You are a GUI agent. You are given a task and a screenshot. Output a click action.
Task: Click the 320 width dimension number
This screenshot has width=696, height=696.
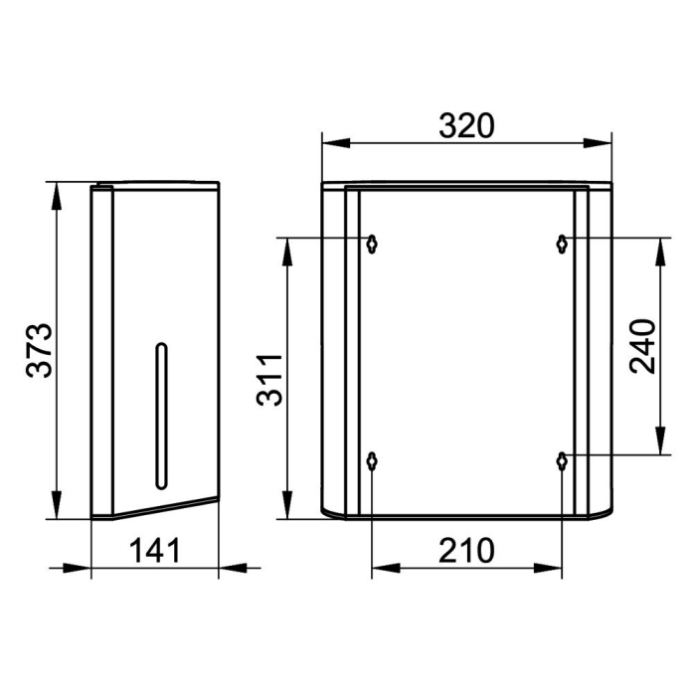point(466,125)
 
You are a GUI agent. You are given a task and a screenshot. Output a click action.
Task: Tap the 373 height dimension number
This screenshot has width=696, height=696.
point(39,351)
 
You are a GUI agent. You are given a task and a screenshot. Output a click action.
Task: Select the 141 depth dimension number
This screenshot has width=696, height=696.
point(155,551)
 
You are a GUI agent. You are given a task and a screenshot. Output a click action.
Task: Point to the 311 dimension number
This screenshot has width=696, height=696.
point(269,380)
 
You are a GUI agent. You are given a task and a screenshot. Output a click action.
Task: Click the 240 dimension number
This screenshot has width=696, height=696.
point(642,346)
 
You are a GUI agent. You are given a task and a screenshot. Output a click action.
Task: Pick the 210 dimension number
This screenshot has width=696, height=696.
point(466,551)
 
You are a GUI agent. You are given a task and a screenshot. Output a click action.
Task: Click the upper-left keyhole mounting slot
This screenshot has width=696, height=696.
point(372,244)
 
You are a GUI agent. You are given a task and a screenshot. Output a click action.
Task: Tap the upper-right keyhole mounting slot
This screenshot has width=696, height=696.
point(562,244)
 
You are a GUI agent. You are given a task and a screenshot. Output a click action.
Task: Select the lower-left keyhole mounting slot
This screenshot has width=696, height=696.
point(372,461)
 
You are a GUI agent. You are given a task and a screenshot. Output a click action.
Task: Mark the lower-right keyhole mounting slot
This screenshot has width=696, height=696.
point(562,461)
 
